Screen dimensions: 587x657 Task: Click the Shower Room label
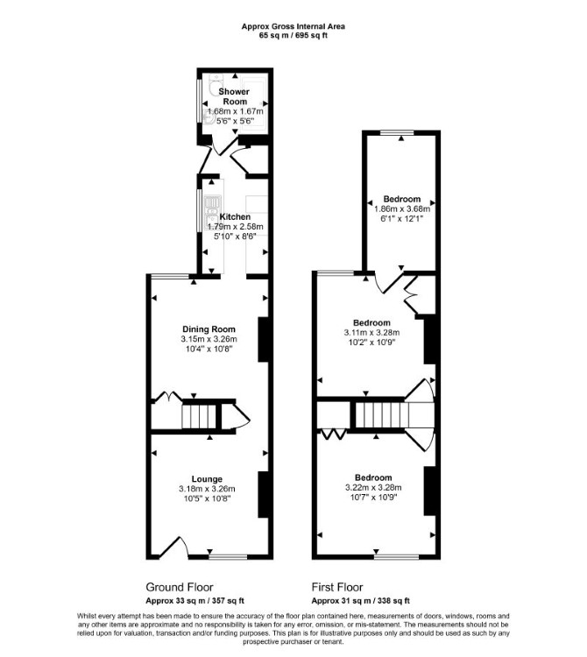click(234, 96)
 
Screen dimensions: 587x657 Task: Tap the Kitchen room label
click(235, 216)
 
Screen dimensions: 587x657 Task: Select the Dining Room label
click(209, 328)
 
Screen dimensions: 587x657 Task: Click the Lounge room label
click(207, 479)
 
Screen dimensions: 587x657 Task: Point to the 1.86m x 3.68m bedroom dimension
click(402, 208)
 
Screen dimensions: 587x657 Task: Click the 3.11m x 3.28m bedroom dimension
click(371, 333)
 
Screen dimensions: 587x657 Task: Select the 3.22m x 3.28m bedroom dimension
click(373, 488)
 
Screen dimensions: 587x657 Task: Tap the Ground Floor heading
click(180, 587)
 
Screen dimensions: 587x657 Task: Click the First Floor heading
click(337, 587)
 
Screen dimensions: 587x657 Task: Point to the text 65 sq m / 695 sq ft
click(293, 36)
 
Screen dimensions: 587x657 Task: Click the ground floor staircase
click(199, 416)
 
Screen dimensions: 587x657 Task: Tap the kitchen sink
click(211, 212)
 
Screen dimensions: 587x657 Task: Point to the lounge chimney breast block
click(263, 494)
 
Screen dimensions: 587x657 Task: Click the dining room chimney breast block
click(263, 339)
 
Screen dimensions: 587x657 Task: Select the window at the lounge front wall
click(228, 557)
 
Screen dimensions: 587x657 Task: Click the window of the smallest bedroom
click(397, 133)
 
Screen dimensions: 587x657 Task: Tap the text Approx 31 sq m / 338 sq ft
click(361, 601)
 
